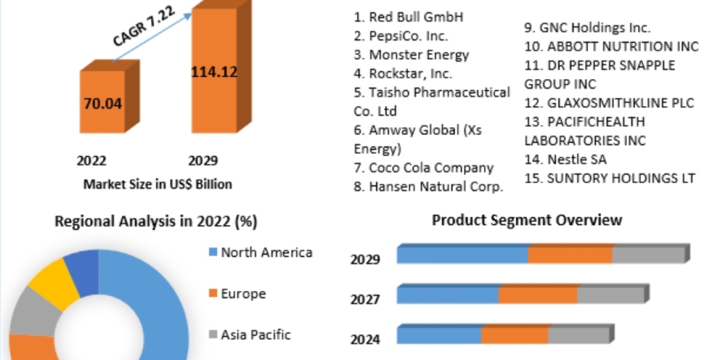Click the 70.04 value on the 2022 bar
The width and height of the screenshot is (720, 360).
pyautogui.click(x=103, y=104)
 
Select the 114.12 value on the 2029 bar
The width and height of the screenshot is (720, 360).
pyautogui.click(x=214, y=72)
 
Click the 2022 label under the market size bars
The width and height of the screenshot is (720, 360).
pyautogui.click(x=91, y=161)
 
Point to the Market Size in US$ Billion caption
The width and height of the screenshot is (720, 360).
pyautogui.click(x=157, y=184)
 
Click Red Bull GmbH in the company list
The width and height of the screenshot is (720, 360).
pyautogui.click(x=409, y=17)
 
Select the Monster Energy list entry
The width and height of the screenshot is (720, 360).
pyautogui.click(x=412, y=55)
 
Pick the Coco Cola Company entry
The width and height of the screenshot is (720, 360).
pyautogui.click(x=424, y=168)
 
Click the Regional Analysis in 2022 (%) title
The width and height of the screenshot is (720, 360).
pyautogui.click(x=156, y=221)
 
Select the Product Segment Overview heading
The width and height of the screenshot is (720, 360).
pyautogui.click(x=527, y=220)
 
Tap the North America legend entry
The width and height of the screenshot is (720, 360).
pyautogui.click(x=260, y=252)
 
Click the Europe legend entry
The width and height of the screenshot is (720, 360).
pyautogui.click(x=237, y=293)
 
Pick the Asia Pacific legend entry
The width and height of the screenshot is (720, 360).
pyautogui.click(x=250, y=334)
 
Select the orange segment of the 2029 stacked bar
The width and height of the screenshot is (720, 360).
pyautogui.click(x=570, y=254)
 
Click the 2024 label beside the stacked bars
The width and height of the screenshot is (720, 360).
pyautogui.click(x=365, y=340)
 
